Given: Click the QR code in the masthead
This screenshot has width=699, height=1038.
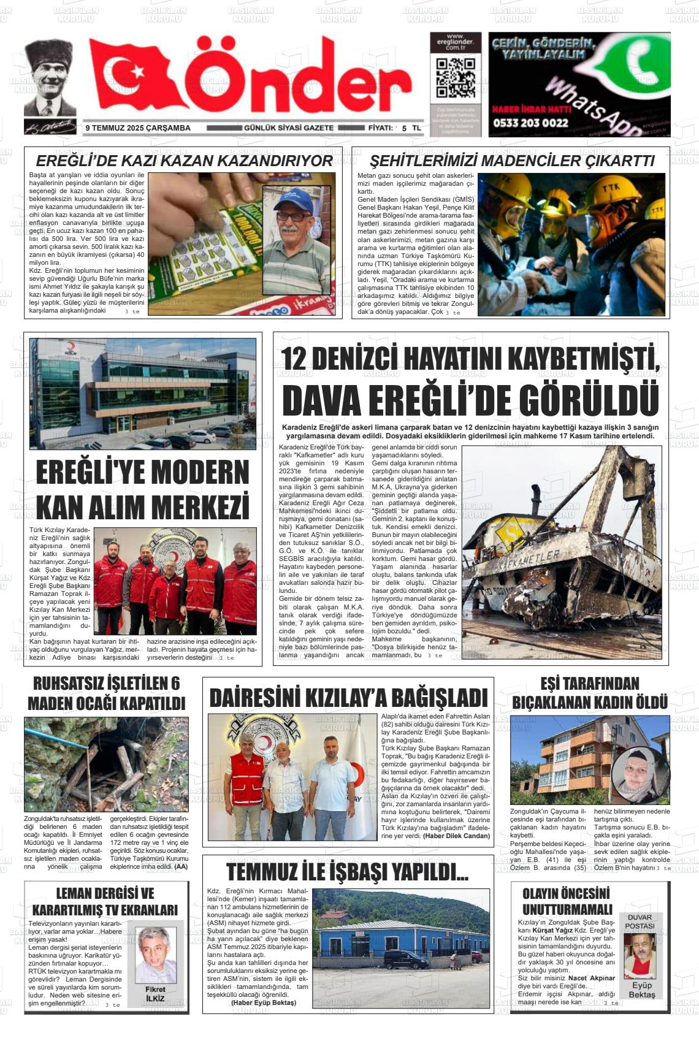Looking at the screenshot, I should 455,77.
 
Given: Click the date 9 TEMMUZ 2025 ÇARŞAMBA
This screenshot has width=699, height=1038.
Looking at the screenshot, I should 138,128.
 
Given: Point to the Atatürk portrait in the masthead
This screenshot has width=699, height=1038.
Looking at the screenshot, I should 50,78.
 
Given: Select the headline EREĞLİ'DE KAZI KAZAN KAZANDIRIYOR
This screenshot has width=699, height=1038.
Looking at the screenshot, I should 184,161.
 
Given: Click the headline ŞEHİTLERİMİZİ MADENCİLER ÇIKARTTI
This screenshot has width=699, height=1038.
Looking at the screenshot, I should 512,161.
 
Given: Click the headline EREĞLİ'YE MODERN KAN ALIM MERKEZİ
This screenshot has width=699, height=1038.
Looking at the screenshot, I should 142,490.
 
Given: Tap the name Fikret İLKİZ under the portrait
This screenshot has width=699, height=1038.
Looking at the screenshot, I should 155,994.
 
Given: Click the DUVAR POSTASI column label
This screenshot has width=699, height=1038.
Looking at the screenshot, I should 640,922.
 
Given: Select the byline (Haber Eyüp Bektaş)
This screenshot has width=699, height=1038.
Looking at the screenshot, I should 263,1002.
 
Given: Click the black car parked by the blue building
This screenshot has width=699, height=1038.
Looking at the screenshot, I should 405,960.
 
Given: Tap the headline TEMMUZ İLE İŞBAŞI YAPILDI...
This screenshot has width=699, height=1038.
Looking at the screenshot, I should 348,872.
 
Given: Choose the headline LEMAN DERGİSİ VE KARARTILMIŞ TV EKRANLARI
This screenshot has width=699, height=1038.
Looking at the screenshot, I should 105,901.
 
